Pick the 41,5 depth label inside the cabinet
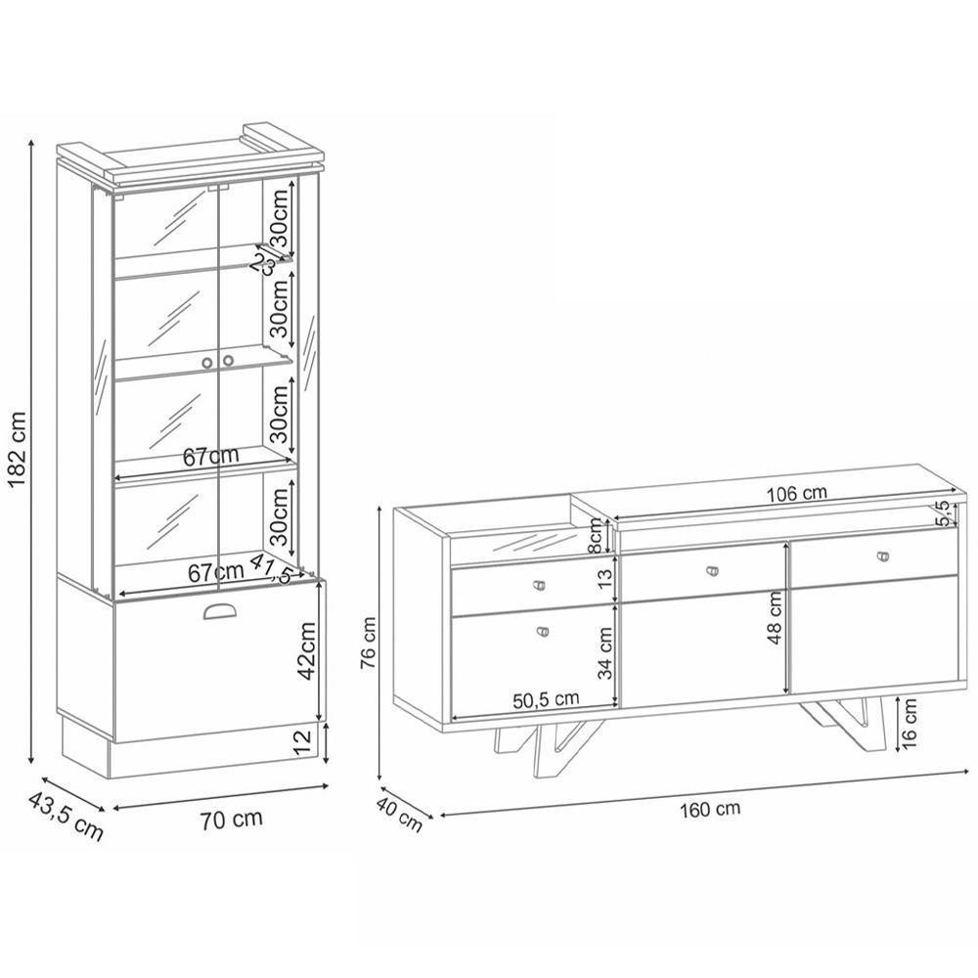271,567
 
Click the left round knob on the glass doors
208,362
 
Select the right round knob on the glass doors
228,362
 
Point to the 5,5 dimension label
942,513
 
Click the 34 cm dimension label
605,652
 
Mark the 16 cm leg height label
910,724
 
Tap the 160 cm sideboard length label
711,809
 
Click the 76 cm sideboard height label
368,644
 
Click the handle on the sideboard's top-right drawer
886,556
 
